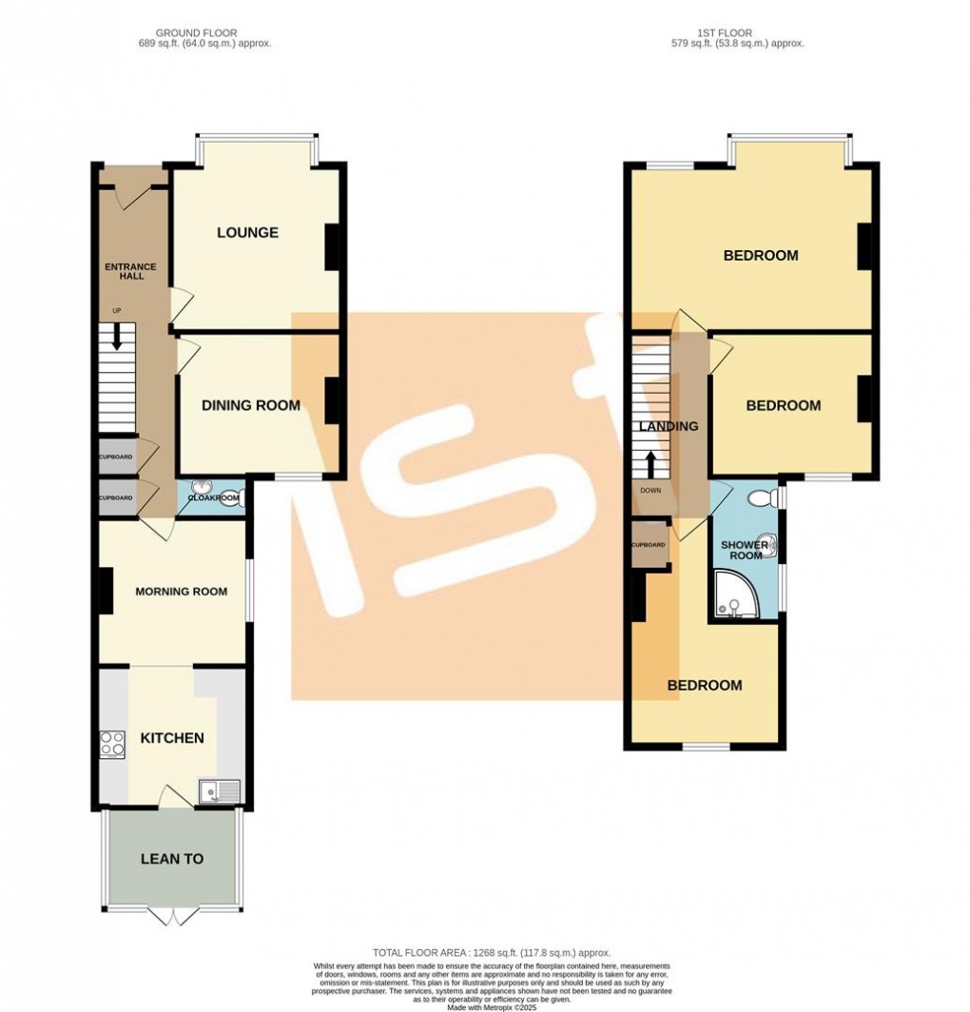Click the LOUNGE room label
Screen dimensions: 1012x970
pyautogui.click(x=247, y=232)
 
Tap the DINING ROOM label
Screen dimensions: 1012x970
pyautogui.click(x=250, y=405)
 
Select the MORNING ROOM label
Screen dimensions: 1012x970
pyautogui.click(x=181, y=592)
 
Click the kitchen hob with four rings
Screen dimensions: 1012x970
pyautogui.click(x=112, y=742)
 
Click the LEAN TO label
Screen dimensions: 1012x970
pyautogui.click(x=172, y=859)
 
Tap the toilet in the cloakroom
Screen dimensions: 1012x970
pyautogui.click(x=231, y=496)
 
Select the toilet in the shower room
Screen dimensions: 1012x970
pyautogui.click(x=761, y=497)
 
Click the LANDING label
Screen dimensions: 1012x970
pyautogui.click(x=669, y=426)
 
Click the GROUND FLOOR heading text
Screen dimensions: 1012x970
pyautogui.click(x=198, y=33)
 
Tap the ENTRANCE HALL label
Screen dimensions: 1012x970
pyautogui.click(x=130, y=271)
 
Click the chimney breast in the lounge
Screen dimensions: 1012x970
pyautogui.click(x=332, y=247)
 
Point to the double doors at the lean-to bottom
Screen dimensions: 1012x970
pyautogui.click(x=172, y=916)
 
